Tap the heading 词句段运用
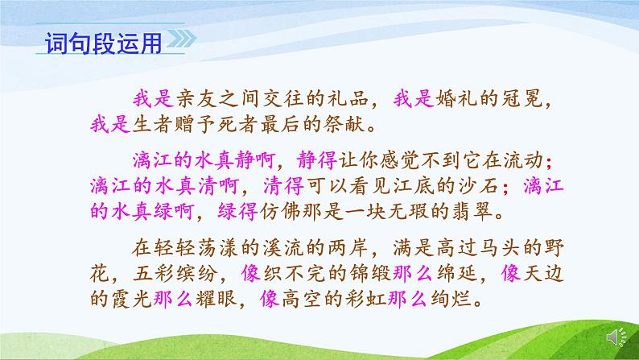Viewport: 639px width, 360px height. coord(101,41)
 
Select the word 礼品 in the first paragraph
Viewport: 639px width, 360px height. coord(349,99)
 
